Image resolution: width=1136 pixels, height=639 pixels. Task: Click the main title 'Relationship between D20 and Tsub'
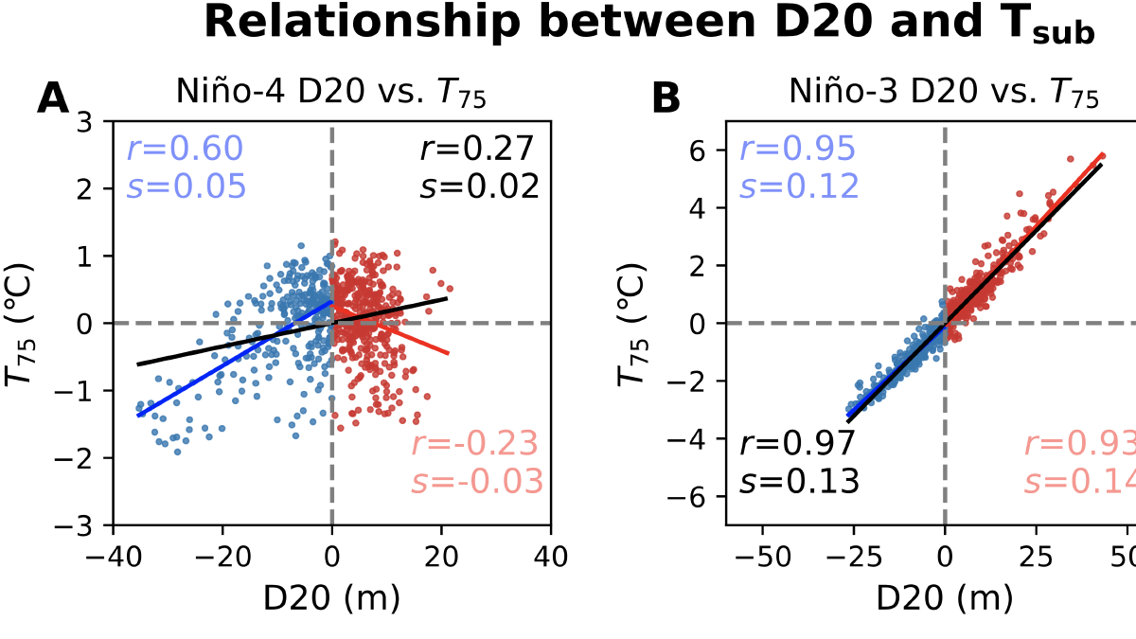coord(648,24)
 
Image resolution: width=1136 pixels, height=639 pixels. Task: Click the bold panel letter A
coord(53,99)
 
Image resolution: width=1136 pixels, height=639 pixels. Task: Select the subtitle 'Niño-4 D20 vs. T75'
coord(331,92)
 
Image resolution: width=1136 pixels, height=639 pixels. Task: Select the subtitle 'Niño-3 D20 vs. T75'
coord(944,92)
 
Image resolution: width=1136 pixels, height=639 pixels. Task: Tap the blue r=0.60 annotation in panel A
coord(186,149)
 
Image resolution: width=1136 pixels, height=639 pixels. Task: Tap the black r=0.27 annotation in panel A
coord(478,149)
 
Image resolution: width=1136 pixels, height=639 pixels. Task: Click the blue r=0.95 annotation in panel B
coord(798,149)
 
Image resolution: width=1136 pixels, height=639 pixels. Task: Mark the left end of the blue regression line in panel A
coord(138,416)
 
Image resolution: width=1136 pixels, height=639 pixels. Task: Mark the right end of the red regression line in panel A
coord(448,353)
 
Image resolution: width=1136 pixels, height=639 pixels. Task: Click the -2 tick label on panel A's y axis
coord(87,458)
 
